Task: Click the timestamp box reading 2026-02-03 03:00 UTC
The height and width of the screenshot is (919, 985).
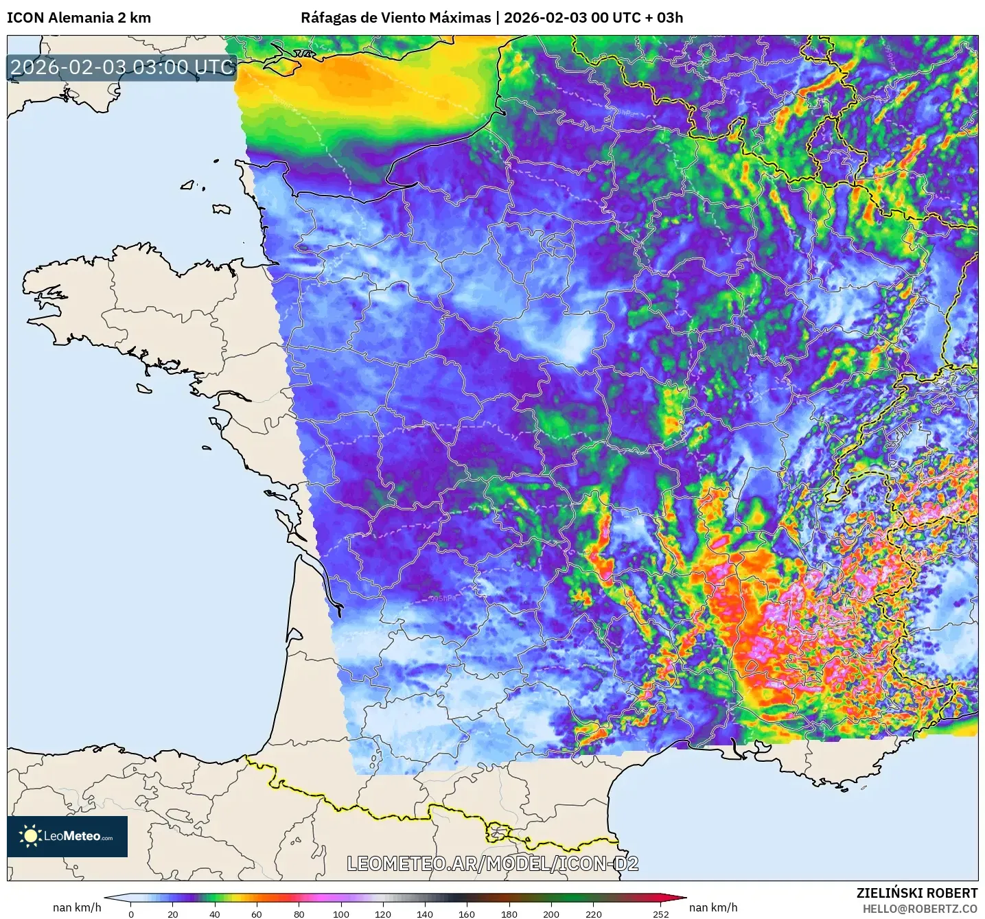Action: coord(122,67)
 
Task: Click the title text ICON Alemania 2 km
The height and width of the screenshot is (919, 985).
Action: coord(79,18)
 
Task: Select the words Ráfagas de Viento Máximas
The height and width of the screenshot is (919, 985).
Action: coord(395,18)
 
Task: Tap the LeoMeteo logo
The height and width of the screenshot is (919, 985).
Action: coord(67,836)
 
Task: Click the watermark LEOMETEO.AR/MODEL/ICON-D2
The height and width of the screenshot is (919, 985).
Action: coord(492,863)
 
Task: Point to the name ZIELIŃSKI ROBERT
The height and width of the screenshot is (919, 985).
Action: coord(916,893)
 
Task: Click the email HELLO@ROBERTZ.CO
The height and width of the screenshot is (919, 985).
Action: coord(920,909)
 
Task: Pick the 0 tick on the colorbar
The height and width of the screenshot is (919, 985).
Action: coord(131,914)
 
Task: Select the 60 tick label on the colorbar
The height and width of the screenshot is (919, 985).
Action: coord(257,914)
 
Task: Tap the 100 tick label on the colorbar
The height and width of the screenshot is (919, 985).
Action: coord(341,914)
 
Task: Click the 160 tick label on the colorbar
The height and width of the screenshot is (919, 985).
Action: coord(467,914)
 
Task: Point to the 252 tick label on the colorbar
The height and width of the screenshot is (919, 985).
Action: coord(660,914)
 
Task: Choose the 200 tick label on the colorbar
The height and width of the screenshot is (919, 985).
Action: coord(551,914)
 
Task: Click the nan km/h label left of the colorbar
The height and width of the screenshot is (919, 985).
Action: coord(77,907)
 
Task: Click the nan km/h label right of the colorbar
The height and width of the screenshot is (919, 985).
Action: coord(713,907)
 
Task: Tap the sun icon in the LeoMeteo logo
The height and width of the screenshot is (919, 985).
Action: coord(30,836)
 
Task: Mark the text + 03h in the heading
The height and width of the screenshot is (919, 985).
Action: coord(664,18)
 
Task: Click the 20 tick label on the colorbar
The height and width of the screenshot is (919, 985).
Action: coord(173,914)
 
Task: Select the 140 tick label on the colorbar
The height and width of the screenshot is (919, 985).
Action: coord(425,914)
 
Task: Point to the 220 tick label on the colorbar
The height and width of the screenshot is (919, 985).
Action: coord(594,914)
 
